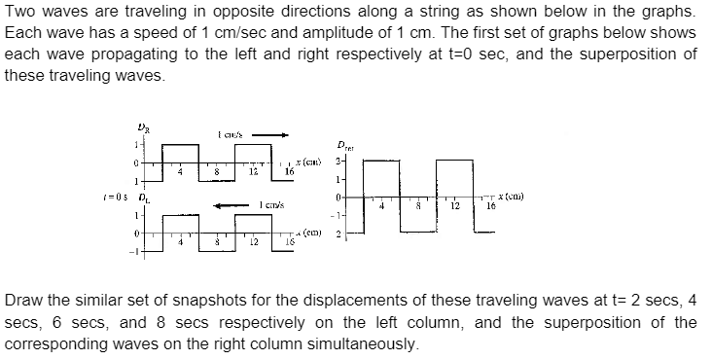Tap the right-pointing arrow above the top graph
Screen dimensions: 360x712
pos(274,135)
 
